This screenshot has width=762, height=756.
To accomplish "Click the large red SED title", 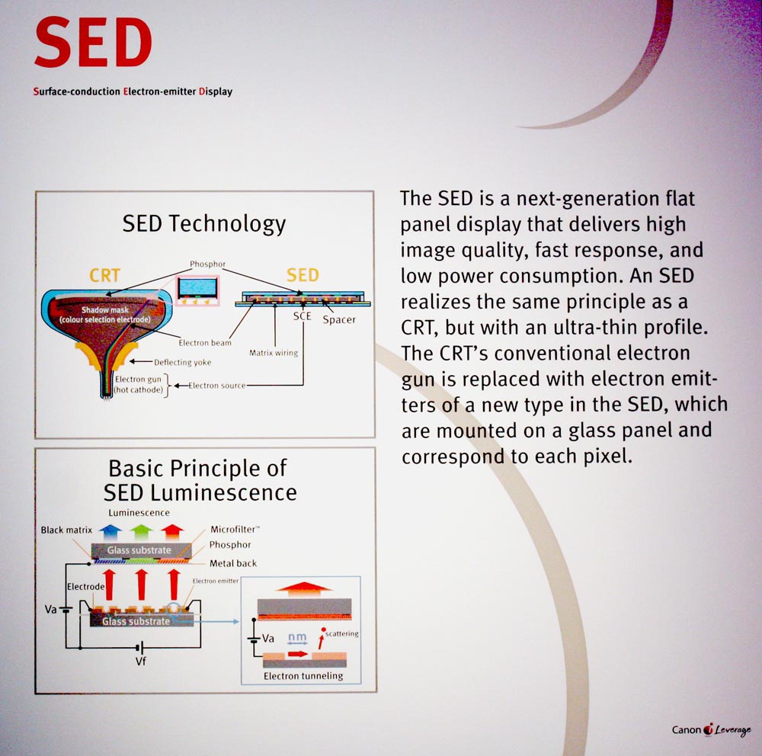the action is click(93, 43).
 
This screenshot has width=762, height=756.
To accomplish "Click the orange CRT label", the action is click(104, 276).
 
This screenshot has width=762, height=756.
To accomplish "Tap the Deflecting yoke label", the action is click(182, 362).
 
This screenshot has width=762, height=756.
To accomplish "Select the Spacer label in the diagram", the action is click(339, 319).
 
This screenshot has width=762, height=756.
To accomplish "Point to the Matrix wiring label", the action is click(274, 353).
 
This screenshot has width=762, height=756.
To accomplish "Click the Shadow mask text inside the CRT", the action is click(105, 309).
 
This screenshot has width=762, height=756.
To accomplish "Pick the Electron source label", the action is click(216, 386).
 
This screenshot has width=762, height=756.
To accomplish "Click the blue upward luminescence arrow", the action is click(110, 532).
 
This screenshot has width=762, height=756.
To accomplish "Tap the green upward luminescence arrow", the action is click(141, 532).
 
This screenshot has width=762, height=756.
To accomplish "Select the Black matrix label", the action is click(66, 530).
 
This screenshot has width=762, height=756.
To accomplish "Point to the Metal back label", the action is click(232, 563).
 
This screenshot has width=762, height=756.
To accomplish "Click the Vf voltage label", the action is click(140, 661).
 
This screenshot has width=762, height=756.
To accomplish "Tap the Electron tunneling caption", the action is click(303, 676).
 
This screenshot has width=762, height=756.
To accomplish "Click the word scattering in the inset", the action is click(341, 633).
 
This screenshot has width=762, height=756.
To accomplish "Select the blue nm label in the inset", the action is click(297, 637).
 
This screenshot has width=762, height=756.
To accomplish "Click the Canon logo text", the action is click(687, 730).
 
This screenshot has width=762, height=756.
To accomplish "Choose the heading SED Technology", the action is click(204, 223).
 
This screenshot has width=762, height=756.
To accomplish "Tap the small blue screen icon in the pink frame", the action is click(197, 288).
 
